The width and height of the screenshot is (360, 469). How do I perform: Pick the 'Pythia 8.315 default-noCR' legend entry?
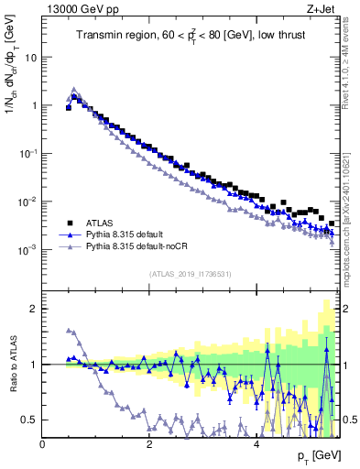click(x=134, y=247)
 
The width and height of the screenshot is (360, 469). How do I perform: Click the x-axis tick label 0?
click(x=43, y=443)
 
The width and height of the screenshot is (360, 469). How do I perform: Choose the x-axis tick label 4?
click(x=256, y=443)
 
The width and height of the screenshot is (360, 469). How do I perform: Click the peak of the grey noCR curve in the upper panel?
click(x=74, y=90)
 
